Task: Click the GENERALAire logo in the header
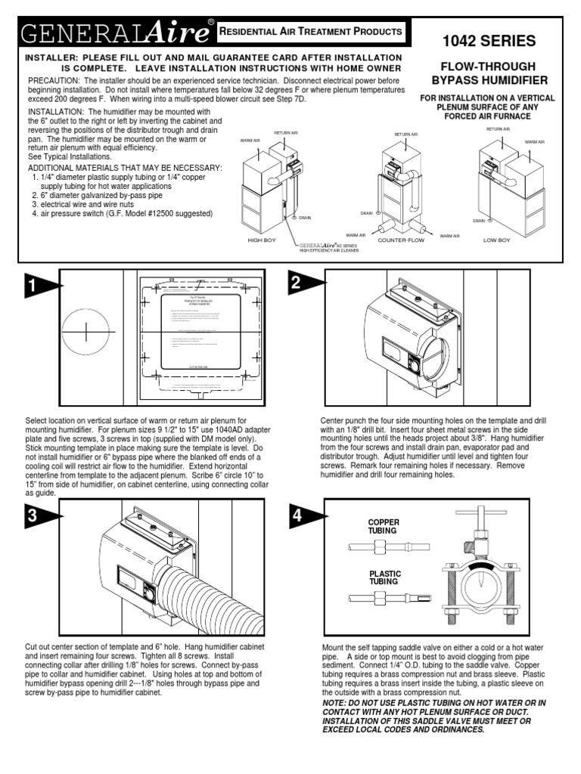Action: coord(113,33)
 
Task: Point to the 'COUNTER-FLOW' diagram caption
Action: coord(399,240)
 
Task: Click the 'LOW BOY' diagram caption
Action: coord(496,240)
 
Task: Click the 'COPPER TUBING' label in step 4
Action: coord(383,526)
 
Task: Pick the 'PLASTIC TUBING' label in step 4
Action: coord(383,578)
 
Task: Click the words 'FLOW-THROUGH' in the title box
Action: coord(495,67)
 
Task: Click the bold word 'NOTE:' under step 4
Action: coord(336,702)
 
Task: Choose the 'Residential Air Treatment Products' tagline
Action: coord(310,32)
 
